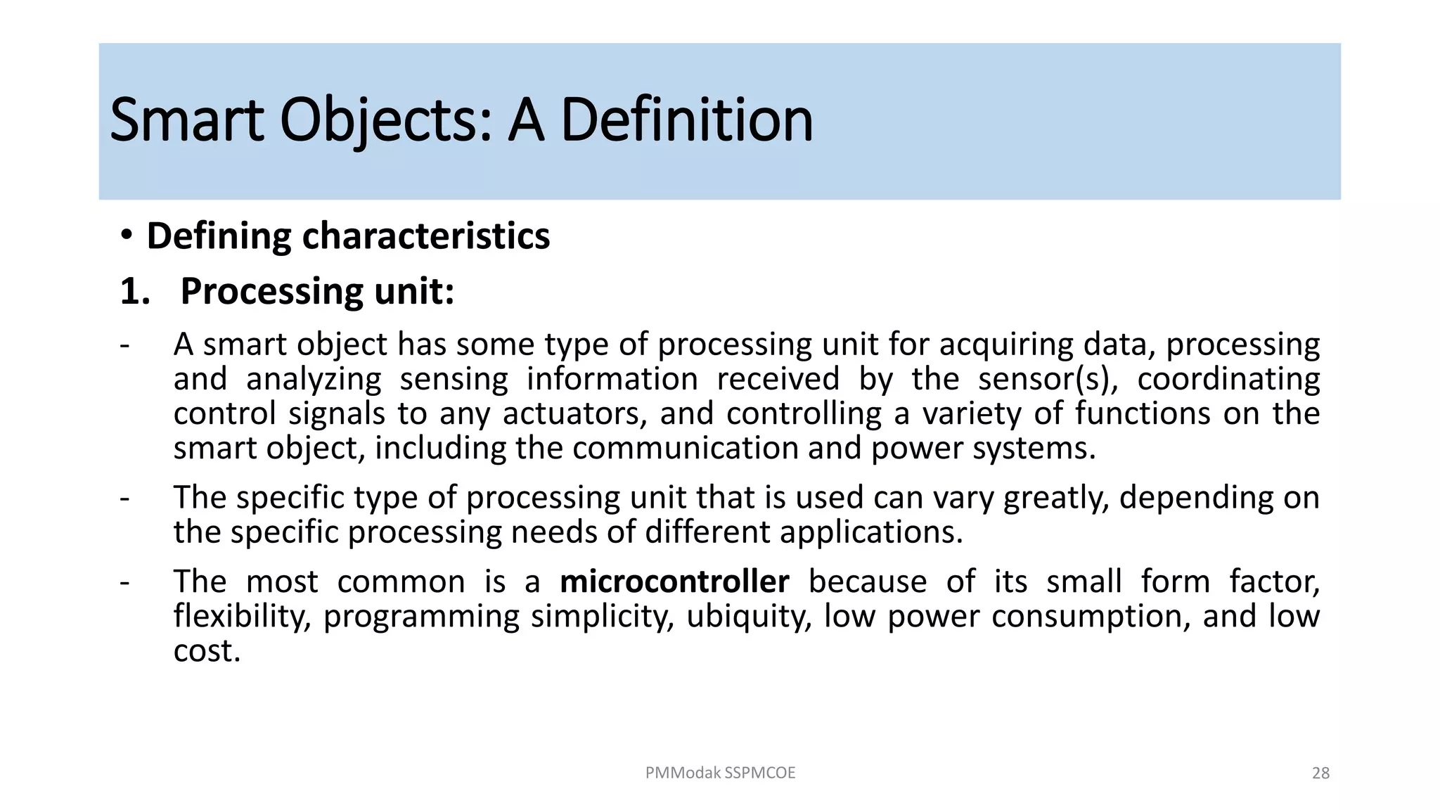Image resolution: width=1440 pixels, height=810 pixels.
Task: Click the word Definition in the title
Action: click(x=686, y=121)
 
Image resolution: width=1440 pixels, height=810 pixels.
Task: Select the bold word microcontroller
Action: click(x=674, y=582)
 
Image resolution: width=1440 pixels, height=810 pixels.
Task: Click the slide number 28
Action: click(x=1320, y=773)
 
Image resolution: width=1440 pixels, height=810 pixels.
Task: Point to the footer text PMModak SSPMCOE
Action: click(x=720, y=773)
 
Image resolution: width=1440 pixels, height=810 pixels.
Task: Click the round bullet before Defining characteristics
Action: click(x=126, y=235)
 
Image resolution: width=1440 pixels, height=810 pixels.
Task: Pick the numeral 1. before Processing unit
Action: click(x=134, y=291)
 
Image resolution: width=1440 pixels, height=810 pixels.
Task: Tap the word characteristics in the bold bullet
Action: click(x=425, y=236)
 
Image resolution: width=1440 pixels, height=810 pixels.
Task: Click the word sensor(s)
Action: click(x=1048, y=380)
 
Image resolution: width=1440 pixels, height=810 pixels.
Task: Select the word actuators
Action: click(x=574, y=413)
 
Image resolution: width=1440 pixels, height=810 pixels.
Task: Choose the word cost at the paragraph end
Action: click(x=207, y=651)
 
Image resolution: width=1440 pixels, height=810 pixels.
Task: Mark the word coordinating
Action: click(x=1228, y=380)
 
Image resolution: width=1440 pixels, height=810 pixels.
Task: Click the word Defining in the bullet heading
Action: click(x=219, y=236)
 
